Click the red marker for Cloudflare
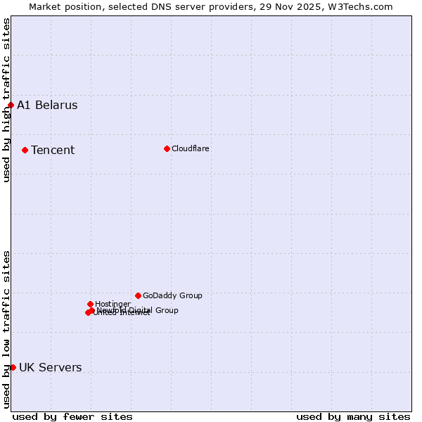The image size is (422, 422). click(x=167, y=148)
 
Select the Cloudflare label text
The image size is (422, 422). click(x=190, y=149)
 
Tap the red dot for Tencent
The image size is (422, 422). click(x=25, y=150)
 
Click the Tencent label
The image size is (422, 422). click(x=53, y=151)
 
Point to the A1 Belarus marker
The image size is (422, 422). click(x=11, y=105)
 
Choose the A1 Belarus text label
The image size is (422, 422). click(x=47, y=105)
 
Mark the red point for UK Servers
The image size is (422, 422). click(x=13, y=367)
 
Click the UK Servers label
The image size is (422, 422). click(x=50, y=368)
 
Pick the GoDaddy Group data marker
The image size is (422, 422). click(x=138, y=295)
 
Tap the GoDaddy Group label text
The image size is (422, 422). click(x=172, y=296)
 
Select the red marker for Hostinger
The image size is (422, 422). click(x=90, y=304)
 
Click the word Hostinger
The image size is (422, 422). click(x=113, y=305)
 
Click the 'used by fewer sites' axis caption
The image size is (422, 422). click(x=72, y=417)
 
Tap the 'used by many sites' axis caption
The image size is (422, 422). click(x=353, y=417)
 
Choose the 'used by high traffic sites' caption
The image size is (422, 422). click(x=7, y=100)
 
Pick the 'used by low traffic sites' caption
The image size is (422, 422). click(x=7, y=328)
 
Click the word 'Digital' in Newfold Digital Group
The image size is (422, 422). click(x=139, y=310)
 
